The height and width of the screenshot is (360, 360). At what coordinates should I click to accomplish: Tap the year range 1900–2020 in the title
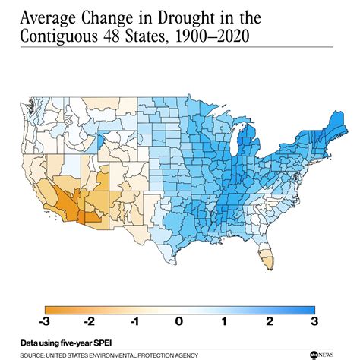[212, 36]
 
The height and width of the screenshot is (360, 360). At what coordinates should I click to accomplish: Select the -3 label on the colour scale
[44, 321]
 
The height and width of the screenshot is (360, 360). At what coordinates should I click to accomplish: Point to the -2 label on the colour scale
[90, 321]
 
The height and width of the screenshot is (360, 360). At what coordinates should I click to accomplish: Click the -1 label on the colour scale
[135, 321]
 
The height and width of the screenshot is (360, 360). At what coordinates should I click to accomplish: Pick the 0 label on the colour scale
[179, 321]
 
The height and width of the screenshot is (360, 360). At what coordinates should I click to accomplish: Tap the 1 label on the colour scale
[224, 321]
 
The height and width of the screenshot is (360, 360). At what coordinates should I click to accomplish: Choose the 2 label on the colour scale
[270, 321]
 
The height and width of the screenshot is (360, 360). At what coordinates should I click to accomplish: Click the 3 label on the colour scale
[314, 321]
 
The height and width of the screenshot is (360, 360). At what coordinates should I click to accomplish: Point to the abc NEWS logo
[322, 355]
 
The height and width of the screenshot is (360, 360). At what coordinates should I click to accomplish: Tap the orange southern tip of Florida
[267, 261]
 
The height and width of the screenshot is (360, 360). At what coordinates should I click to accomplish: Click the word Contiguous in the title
[58, 36]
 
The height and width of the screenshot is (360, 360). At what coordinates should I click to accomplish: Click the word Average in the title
[48, 18]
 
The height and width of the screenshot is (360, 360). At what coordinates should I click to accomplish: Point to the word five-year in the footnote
[77, 343]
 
